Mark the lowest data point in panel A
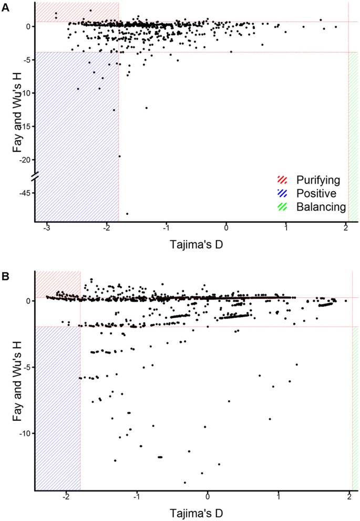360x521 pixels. point(127,214)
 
